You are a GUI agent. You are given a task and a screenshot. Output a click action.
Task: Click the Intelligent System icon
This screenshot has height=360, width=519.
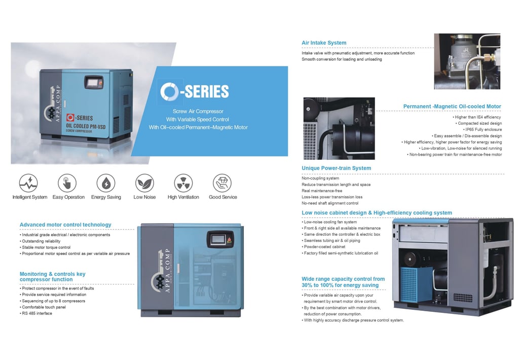click(28, 183)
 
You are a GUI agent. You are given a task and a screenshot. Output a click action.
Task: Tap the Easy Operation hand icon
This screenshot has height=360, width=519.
click(67, 183)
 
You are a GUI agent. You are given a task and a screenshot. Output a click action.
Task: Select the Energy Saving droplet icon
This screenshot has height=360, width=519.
click(106, 183)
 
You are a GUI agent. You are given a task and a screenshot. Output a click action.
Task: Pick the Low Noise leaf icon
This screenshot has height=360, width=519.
click(144, 183)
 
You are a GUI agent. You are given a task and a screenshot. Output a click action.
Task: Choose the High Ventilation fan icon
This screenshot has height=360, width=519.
click(183, 183)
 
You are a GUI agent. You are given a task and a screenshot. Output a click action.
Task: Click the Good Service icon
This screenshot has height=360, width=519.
click(222, 183)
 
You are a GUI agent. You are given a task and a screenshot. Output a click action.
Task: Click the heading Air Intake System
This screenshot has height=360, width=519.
click(324, 43)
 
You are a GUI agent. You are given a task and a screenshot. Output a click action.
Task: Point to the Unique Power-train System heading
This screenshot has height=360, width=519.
click(336, 168)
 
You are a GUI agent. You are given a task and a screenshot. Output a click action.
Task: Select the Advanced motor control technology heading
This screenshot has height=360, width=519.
click(65, 225)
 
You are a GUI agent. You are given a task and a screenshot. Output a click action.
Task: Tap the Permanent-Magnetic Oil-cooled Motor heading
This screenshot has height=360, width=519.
click(452, 106)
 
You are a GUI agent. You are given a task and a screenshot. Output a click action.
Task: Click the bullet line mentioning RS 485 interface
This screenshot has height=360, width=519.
click(37, 313)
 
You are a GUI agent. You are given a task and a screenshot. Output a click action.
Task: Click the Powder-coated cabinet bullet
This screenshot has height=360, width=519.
click(324, 247)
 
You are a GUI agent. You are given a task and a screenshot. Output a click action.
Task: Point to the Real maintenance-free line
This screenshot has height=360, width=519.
click(323, 191)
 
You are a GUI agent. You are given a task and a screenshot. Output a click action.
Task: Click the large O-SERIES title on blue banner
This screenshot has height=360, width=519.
click(195, 91)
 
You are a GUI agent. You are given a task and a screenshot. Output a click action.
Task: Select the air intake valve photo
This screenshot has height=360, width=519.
click(467, 61)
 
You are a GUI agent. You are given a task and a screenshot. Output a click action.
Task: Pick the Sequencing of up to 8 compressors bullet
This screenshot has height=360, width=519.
click(53, 301)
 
